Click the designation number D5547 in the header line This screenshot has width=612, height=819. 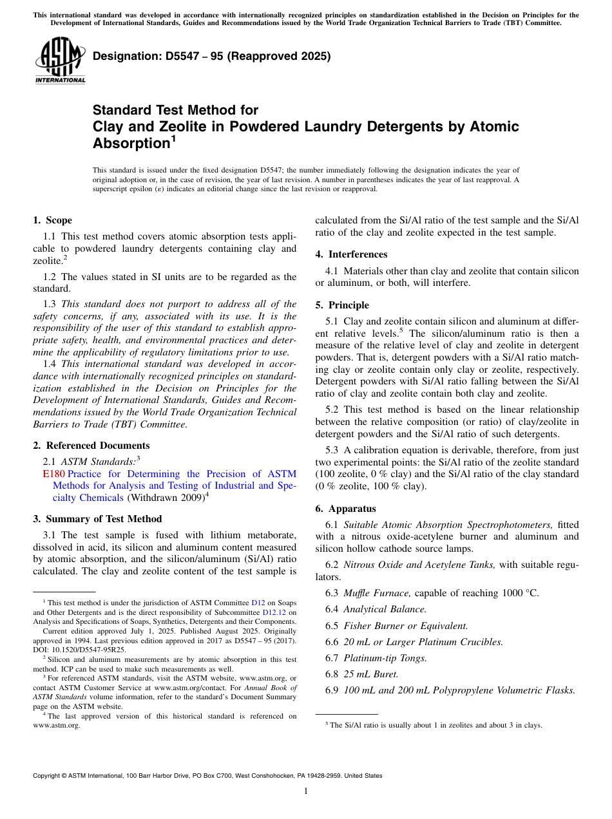[173, 56]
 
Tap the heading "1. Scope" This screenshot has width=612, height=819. [53, 220]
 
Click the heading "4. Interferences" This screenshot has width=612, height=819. [351, 254]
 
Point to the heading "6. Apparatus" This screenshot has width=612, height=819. [345, 509]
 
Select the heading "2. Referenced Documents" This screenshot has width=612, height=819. [91, 446]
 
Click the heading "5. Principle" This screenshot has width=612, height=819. [342, 305]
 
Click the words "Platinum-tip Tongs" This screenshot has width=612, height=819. [385, 658]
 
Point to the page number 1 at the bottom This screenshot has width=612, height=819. [306, 791]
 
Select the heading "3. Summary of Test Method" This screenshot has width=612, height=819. [97, 519]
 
